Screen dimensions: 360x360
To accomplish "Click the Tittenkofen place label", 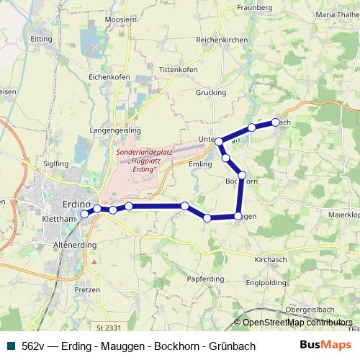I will coord(178,69).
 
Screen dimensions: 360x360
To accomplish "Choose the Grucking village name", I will coord(210,93).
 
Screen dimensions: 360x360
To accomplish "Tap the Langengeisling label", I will coord(115,130).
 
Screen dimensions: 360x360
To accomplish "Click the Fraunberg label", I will coord(254,8).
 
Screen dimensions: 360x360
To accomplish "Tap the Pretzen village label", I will coord(87,289).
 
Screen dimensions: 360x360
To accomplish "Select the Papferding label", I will coord(205,278).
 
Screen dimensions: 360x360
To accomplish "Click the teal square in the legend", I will coord(9,346).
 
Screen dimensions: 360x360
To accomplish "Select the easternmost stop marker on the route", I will coord(275,122).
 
